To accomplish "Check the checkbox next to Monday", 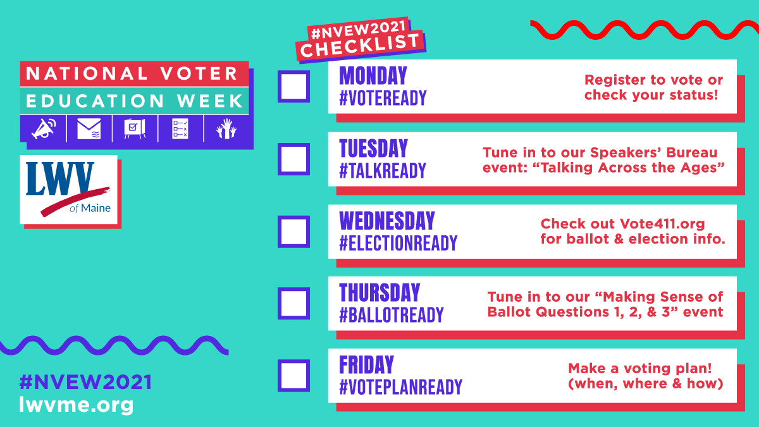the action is (x=293, y=87).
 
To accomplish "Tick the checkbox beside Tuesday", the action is (x=293, y=159).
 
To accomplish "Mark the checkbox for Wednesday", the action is (x=293, y=232).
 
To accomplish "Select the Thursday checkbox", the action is (x=293, y=303).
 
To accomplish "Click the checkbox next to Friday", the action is (x=293, y=376).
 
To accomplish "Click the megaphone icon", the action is (x=44, y=128).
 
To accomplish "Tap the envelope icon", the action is (x=89, y=128).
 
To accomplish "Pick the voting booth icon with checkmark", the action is (x=135, y=128).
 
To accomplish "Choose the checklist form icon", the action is (x=180, y=128).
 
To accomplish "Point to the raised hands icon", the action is (x=226, y=128).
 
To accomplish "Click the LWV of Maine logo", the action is (x=68, y=189).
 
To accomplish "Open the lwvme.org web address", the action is (x=77, y=405).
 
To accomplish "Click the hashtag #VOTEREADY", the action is (x=383, y=98).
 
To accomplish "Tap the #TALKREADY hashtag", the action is (x=383, y=170).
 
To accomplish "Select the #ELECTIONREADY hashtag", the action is (x=398, y=243).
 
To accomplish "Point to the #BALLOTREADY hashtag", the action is (x=392, y=315).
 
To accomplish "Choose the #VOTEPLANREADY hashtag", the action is (x=400, y=387).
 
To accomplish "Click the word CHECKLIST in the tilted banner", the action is (x=360, y=46).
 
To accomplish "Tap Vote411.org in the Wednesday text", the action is (x=662, y=224).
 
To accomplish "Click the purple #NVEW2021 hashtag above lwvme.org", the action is (x=85, y=382).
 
